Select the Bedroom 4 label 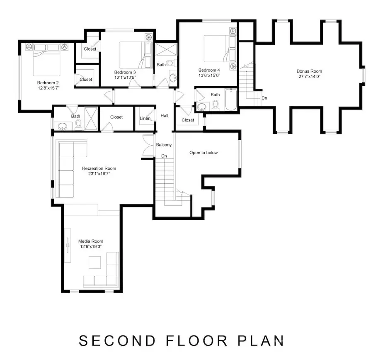209,70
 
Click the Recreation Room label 99,168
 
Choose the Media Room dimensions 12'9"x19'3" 90,246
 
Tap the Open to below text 203,153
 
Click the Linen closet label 145,119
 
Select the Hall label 164,116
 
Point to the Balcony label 164,145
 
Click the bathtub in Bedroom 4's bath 231,100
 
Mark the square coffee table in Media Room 94,262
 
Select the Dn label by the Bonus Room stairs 264,98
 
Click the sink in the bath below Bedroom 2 63,126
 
